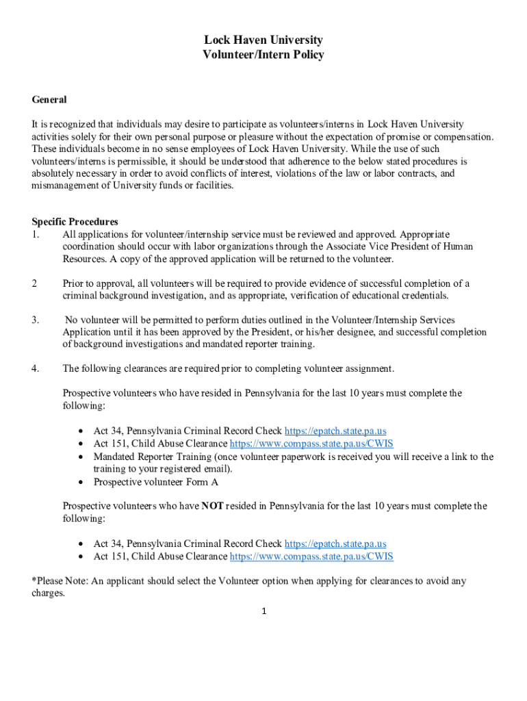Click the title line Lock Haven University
point(263,40)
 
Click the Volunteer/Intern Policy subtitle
point(263,55)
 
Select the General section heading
point(49,100)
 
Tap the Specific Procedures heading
point(75,222)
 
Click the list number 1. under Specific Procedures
point(36,234)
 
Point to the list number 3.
point(36,320)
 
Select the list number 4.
point(36,369)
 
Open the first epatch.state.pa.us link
point(335,431)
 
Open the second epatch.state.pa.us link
point(335,544)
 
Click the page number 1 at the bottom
point(263,611)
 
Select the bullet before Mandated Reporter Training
point(81,457)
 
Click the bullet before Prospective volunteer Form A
point(81,482)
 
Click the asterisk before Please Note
point(34,581)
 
